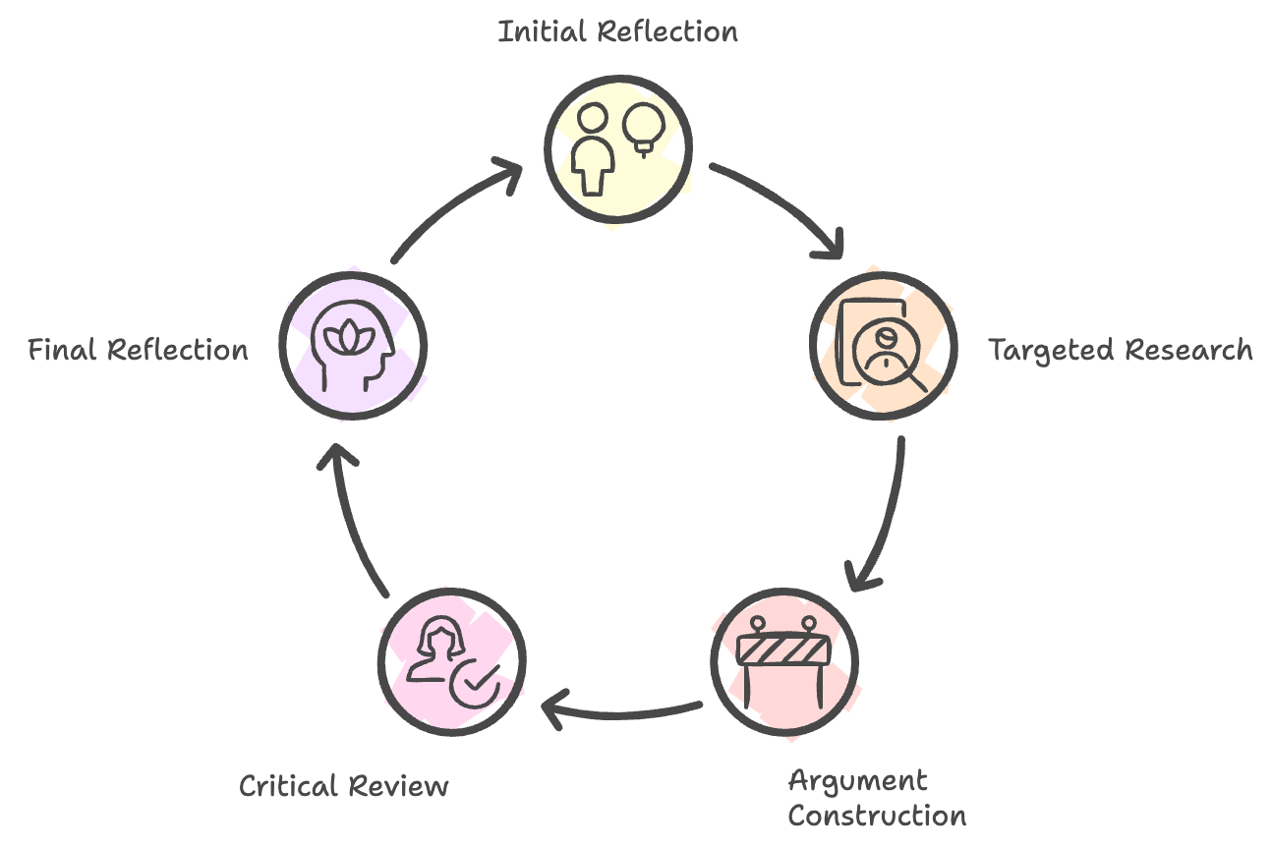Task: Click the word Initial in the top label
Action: pyautogui.click(x=544, y=31)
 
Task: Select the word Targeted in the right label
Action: pyautogui.click(x=1052, y=350)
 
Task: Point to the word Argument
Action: pyautogui.click(x=857, y=783)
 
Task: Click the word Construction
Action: pyautogui.click(x=877, y=816)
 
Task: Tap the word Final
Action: pyautogui.click(x=64, y=350)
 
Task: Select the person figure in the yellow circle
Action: pyautogui.click(x=594, y=152)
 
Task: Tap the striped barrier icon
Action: pyautogui.click(x=784, y=651)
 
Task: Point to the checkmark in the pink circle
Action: pyautogui.click(x=476, y=681)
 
